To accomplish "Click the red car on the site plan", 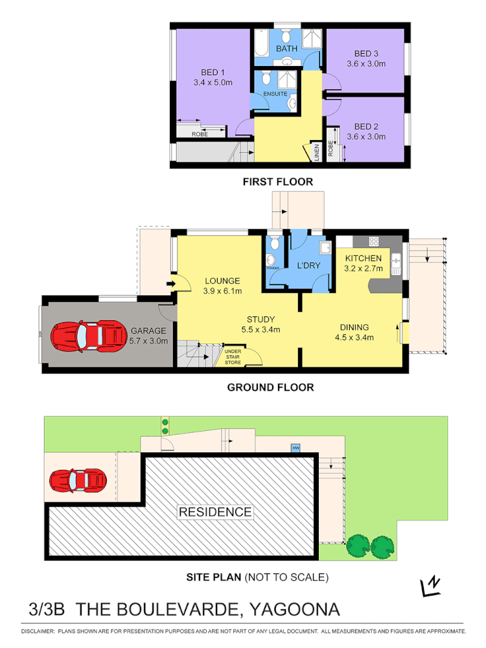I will click(78, 480).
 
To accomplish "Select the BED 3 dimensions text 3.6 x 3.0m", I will click(366, 64).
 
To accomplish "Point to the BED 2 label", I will click(366, 126).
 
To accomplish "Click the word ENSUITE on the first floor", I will click(275, 95).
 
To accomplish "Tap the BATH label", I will click(286, 49).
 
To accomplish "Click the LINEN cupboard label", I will click(317, 154).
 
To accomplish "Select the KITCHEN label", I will click(364, 259).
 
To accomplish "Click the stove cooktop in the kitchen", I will click(374, 242).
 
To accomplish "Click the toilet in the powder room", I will click(274, 244).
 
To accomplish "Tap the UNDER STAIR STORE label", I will click(233, 358).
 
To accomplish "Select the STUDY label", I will click(260, 319).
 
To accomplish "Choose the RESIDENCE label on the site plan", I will click(215, 512).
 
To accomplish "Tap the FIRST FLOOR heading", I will click(277, 182).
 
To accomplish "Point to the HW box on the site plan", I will click(296, 448).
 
